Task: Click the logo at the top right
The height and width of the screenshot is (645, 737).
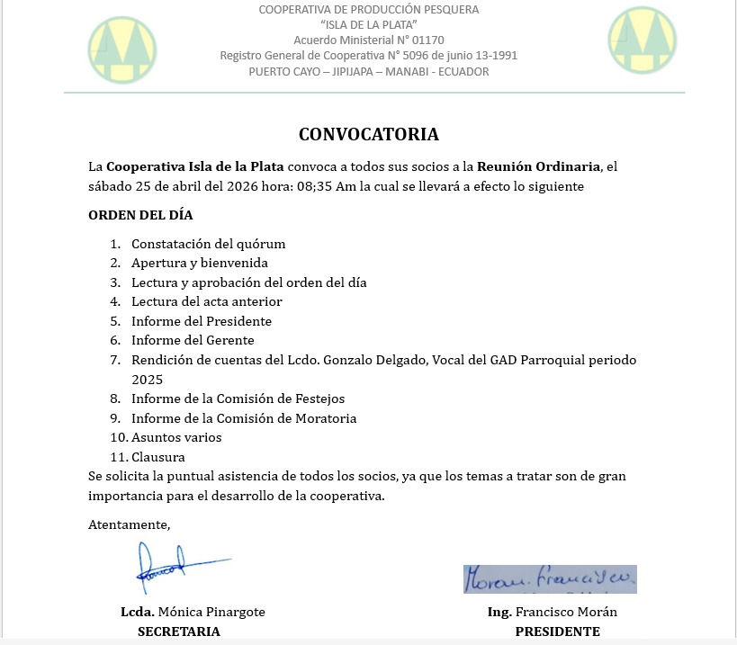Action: click(643, 40)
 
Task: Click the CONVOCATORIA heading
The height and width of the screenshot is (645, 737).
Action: click(369, 135)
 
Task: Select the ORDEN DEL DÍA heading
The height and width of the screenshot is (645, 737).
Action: click(140, 215)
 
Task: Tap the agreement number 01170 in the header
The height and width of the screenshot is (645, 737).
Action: click(427, 40)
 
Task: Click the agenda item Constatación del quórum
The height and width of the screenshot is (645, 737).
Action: click(209, 244)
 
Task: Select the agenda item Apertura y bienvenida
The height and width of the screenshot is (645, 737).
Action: click(200, 263)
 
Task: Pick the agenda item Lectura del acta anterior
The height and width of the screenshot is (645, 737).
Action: click(207, 301)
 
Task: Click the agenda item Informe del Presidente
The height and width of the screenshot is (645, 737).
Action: click(202, 321)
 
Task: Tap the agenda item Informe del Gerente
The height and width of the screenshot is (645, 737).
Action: click(193, 340)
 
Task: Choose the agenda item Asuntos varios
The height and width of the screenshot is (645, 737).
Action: click(176, 437)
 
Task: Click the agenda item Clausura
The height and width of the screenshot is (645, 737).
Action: click(158, 457)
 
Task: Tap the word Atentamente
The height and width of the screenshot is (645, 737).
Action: click(129, 524)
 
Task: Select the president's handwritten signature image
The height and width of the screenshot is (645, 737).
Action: click(550, 579)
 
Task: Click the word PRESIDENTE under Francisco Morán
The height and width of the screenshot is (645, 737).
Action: click(557, 632)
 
